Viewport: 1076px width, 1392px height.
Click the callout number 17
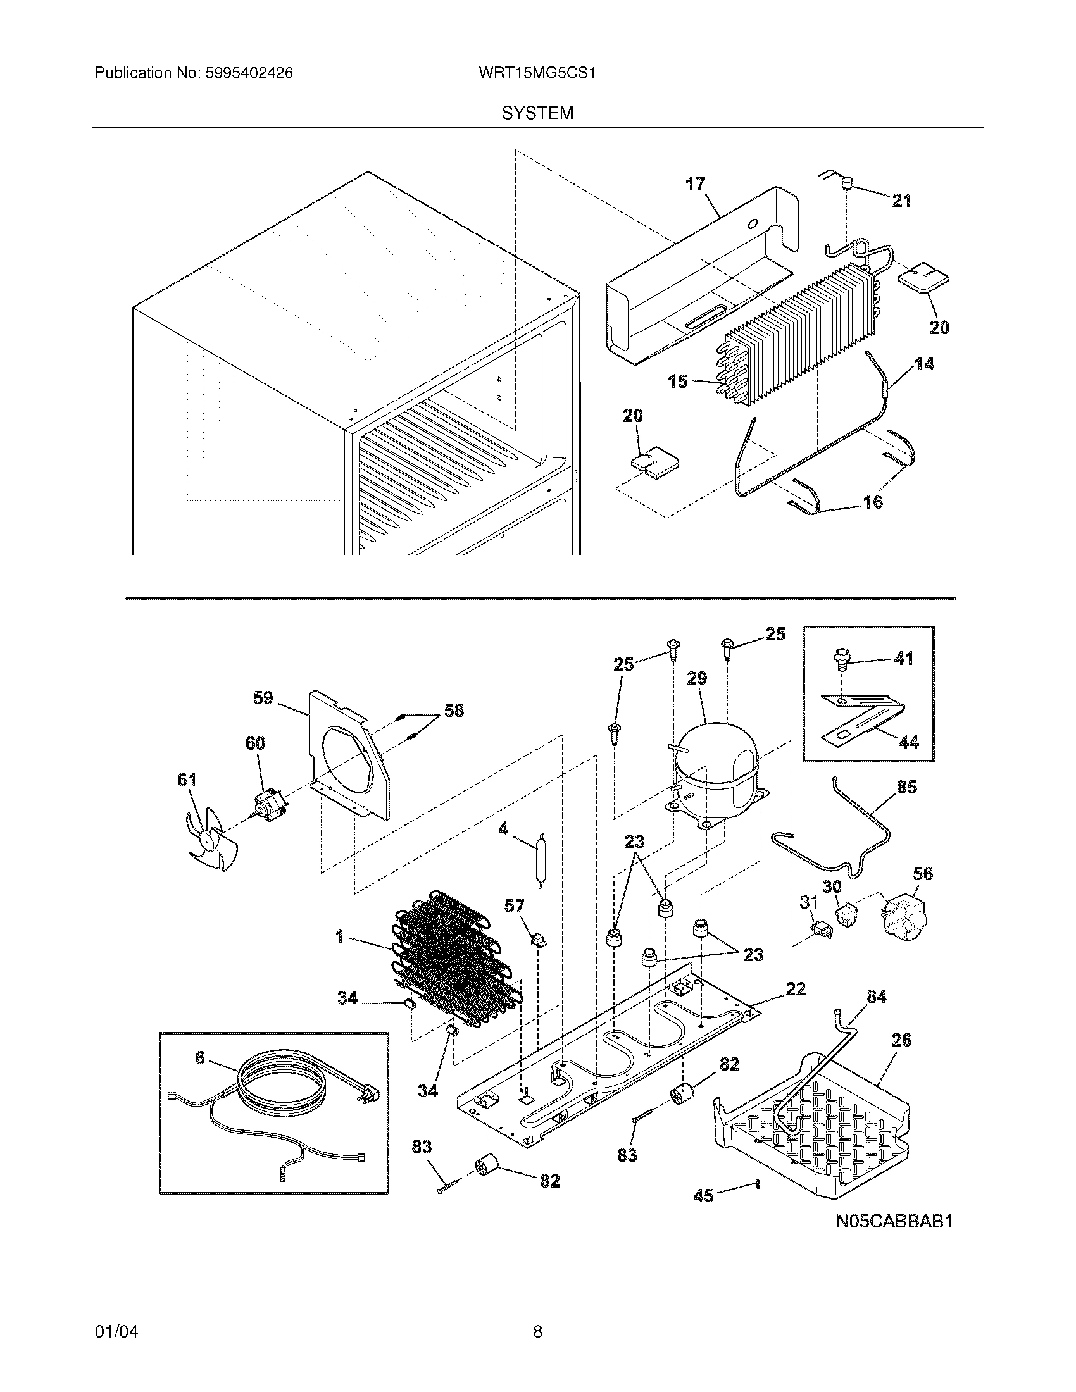coord(696,184)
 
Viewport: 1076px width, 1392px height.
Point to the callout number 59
coord(263,698)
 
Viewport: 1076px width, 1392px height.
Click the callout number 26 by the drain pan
coord(901,1040)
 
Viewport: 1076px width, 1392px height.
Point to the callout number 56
coord(922,873)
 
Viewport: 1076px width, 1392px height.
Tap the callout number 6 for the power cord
coord(199,1058)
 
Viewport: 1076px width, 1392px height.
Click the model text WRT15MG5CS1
coord(537,73)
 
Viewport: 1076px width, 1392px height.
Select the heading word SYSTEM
coord(537,113)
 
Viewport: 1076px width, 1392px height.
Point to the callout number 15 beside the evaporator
coord(677,381)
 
